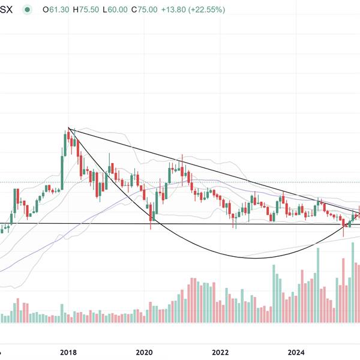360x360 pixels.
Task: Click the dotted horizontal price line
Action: [240, 182]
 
